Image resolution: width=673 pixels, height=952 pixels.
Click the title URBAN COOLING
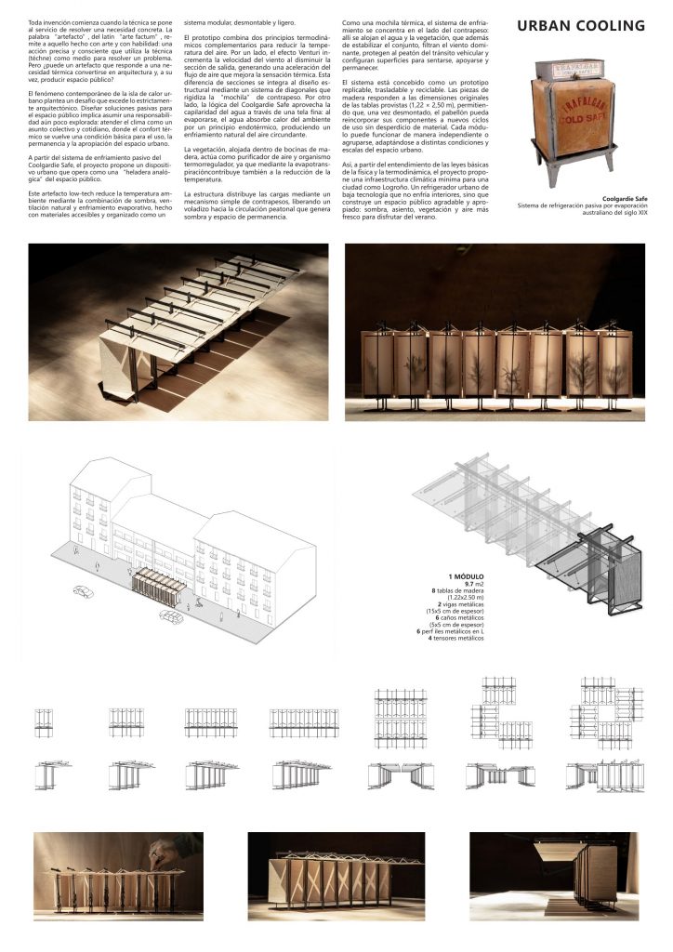click(x=581, y=26)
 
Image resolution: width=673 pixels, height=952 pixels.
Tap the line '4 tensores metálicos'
click(x=456, y=639)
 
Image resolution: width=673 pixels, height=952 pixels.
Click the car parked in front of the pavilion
click(x=170, y=615)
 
